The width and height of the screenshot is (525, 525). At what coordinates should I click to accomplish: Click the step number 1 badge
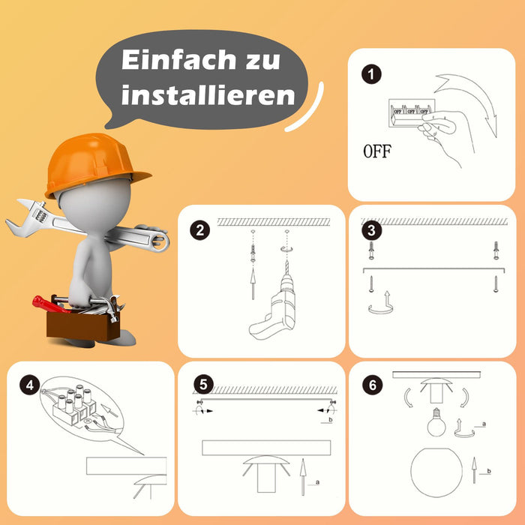371,74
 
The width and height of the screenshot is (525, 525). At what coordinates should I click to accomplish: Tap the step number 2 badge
200,230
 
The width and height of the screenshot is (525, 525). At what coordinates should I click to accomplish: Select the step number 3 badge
372,230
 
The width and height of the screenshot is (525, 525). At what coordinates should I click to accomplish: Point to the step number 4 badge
29,385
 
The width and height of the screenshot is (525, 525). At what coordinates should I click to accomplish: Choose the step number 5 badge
203,384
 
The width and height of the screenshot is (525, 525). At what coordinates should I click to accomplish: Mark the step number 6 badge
373,385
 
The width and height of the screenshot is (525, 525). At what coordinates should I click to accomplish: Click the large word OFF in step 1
377,151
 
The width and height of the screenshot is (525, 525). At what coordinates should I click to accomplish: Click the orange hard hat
94,163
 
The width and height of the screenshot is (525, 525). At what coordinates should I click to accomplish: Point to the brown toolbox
82,324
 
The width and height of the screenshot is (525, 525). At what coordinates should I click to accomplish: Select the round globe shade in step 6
436,472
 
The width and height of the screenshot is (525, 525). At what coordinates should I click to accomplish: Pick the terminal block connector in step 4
74,405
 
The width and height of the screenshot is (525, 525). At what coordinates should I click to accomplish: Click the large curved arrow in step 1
475,97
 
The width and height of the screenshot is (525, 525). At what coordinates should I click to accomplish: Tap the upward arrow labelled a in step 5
303,477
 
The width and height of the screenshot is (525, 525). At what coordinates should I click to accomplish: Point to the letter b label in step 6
489,471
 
